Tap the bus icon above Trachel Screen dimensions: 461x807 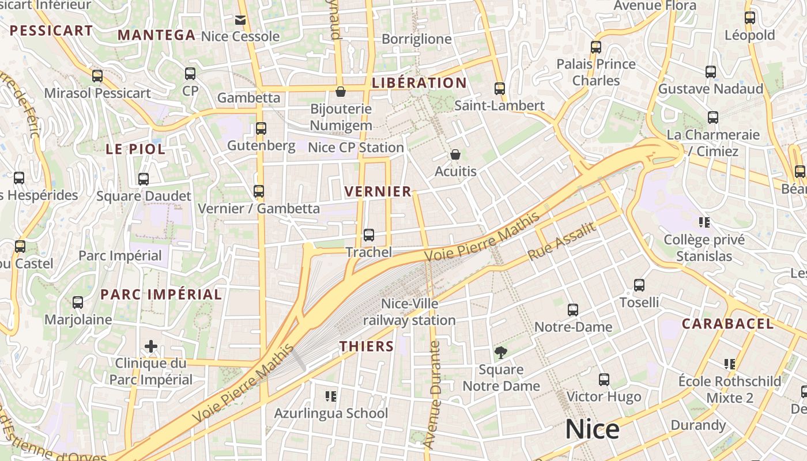pos(369,235)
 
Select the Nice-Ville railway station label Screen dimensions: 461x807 pos(409,312)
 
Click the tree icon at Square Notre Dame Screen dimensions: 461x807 pos(501,352)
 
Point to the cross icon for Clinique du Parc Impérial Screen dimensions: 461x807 pos(151,346)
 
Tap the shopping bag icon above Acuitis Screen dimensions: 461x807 pos(455,154)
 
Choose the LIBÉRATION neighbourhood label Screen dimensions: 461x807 pos(419,83)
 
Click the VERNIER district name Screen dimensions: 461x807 pos(378,191)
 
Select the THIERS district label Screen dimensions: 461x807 pos(367,346)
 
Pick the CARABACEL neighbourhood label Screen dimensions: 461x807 pos(727,324)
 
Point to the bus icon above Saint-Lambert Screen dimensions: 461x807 pos(500,89)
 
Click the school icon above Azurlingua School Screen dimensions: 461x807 pos(331,396)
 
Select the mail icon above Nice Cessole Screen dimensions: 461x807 pos(240,20)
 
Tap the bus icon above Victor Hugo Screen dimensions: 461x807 pos(604,380)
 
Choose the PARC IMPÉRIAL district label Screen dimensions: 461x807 pos(161,294)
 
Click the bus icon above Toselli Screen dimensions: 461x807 pos(639,285)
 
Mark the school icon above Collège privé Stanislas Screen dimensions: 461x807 pos(704,222)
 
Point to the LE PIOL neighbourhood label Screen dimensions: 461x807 pos(135,149)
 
